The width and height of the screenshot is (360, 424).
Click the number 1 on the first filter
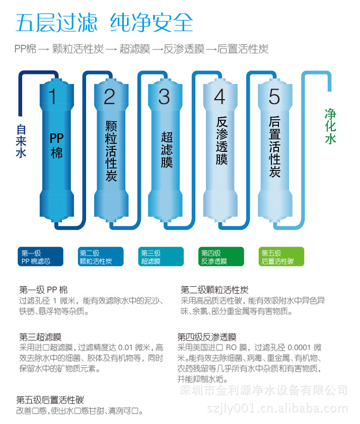pos(52,97)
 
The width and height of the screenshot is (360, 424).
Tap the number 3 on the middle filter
pos(164,97)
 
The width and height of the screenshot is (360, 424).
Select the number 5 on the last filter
pos(274,97)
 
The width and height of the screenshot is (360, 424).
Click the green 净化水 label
pos(330,126)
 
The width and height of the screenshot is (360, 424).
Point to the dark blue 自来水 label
pos(21,141)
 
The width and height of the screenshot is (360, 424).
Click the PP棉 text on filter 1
pos(56,145)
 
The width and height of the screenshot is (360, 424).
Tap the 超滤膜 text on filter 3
pos(167,149)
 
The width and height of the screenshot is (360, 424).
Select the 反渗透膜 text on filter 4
pos(222,141)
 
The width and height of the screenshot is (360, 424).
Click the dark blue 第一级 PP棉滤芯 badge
pos(41,257)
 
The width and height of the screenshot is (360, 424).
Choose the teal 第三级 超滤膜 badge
pos(161,257)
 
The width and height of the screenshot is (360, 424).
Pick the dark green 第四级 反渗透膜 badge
pos(221,257)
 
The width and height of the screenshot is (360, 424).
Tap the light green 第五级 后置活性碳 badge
pos(281,257)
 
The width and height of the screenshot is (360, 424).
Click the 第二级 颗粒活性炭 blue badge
pos(101,257)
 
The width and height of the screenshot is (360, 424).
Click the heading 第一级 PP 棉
pos(43,290)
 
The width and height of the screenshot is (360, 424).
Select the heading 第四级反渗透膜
pos(207,337)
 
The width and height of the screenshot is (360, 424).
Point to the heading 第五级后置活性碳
pos(50,400)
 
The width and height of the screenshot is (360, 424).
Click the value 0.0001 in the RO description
pos(299,348)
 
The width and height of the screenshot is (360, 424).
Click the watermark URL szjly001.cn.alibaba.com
pos(277,408)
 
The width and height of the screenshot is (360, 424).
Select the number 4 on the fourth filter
pos(220,97)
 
